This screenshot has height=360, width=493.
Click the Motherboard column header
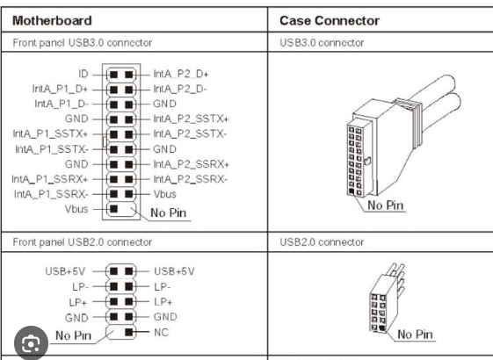click(x=47, y=19)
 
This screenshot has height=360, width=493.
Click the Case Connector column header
click(x=330, y=19)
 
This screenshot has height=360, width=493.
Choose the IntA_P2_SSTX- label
click(x=191, y=133)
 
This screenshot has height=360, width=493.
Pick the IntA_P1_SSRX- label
click(x=49, y=193)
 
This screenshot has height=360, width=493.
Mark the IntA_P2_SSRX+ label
click(x=191, y=164)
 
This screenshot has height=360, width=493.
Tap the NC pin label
click(x=161, y=332)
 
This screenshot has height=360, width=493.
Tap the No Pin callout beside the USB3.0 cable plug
click(x=387, y=205)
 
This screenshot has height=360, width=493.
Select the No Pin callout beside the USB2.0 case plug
click(x=415, y=334)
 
